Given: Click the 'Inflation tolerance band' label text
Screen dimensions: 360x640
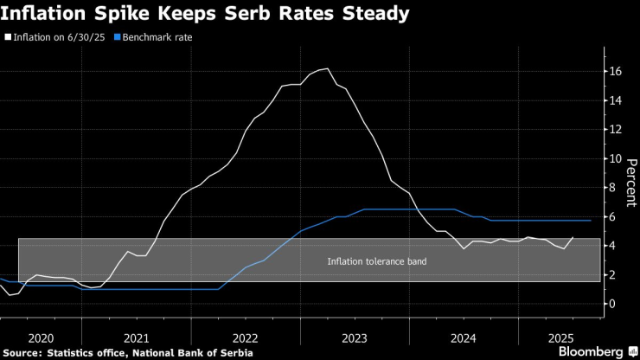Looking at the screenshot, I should tap(376, 261).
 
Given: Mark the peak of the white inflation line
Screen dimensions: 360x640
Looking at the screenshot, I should tap(325, 68).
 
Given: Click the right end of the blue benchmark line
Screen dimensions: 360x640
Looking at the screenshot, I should tap(591, 221).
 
